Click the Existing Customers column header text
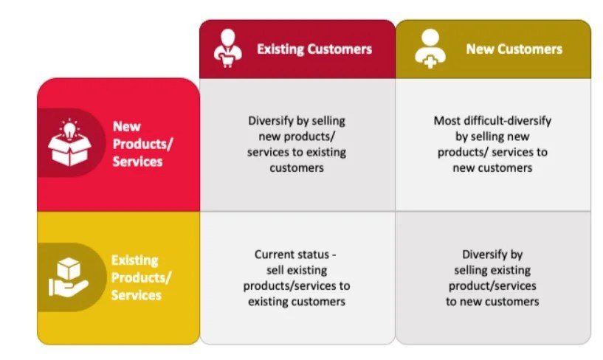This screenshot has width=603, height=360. click(x=314, y=49)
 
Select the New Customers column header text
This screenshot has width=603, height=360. click(x=514, y=49)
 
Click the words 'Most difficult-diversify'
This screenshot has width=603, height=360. click(x=492, y=121)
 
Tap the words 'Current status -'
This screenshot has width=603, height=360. click(x=297, y=255)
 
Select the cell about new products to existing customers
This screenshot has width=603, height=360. click(x=297, y=144)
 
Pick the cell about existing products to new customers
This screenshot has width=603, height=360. click(x=492, y=277)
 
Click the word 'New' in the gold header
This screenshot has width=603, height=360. click(x=478, y=49)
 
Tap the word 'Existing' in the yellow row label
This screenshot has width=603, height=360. click(x=134, y=260)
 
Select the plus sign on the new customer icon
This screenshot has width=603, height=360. click(x=430, y=58)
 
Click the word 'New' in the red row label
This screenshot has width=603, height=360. click(x=126, y=126)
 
